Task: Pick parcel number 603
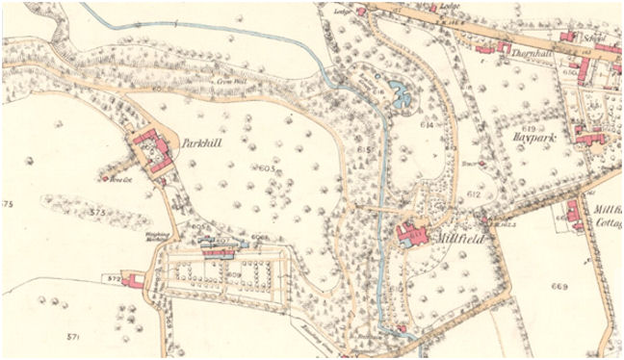click(x=267, y=168)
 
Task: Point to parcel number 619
click(x=529, y=127)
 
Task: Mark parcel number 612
click(x=474, y=194)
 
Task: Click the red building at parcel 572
click(x=136, y=281)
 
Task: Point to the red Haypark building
click(x=588, y=136)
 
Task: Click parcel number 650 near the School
click(x=596, y=72)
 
